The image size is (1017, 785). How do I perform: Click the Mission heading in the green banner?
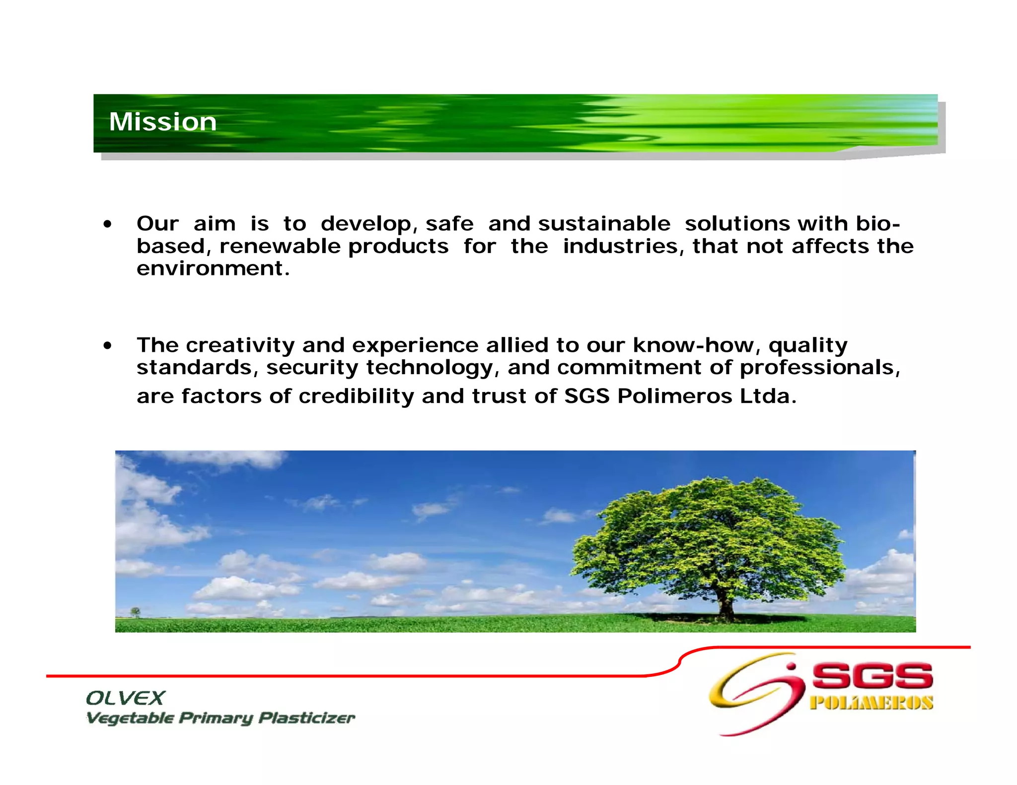point(162,122)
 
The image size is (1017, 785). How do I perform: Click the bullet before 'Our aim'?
point(107,224)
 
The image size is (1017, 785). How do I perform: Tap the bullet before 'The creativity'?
point(107,346)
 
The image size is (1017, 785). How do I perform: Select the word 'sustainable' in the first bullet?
point(604,224)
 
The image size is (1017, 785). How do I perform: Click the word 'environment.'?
point(213,269)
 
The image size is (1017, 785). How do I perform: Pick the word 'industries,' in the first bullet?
point(623,246)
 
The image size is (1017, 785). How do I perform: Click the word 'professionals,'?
point(820,368)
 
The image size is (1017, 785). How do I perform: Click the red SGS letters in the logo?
point(872,676)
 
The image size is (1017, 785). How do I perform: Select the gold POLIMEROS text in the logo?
point(871,703)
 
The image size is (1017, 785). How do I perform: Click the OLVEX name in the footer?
point(125,698)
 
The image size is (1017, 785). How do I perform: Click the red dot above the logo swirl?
point(792,666)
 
